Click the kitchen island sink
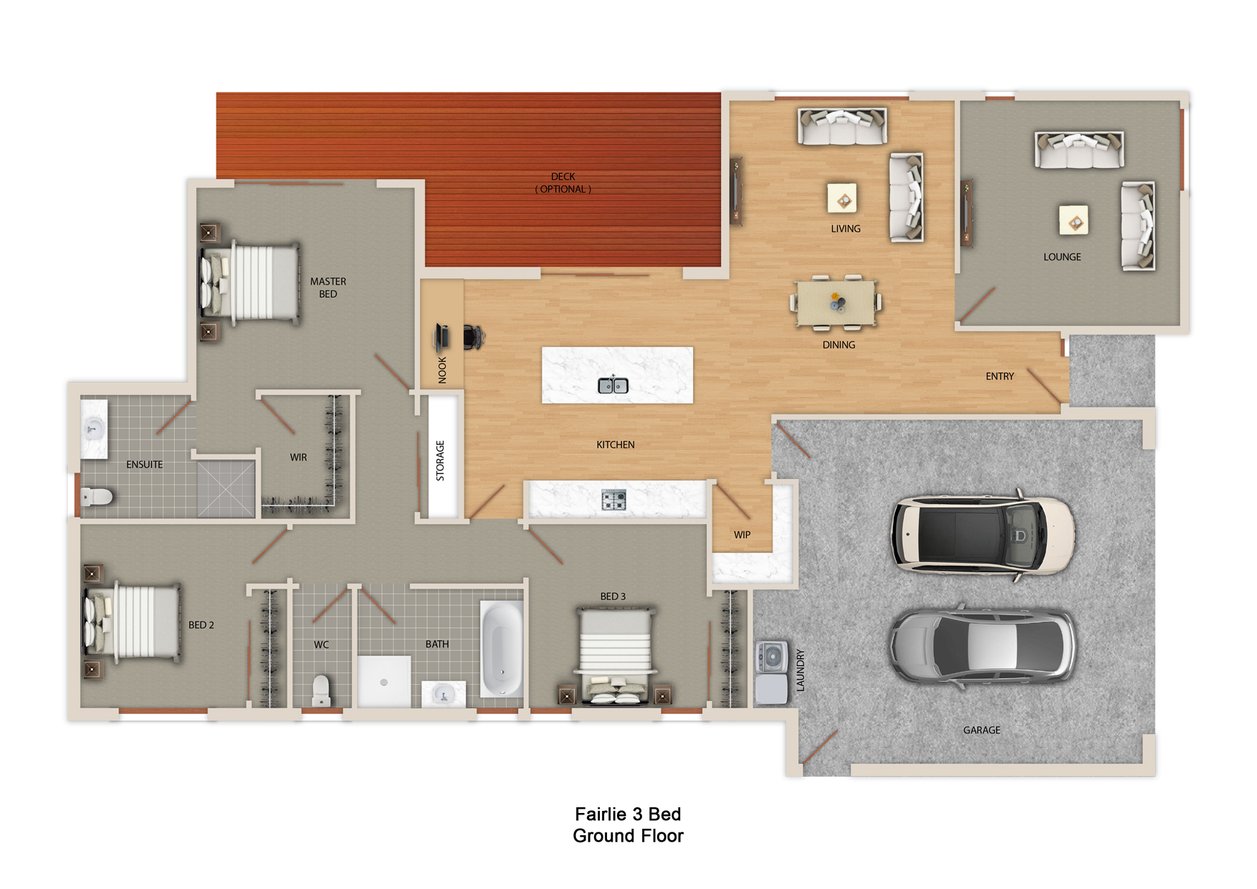(613, 386)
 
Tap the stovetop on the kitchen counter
(614, 500)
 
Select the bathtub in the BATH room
(502, 649)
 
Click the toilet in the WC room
(321, 690)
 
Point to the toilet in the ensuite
(97, 496)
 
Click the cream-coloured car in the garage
(983, 536)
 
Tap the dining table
(836, 303)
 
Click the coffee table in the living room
(842, 199)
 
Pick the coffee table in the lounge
(1074, 220)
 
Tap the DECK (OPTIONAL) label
(563, 183)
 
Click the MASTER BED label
(328, 287)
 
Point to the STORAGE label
(440, 460)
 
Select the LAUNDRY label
(800, 670)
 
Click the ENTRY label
(1000, 376)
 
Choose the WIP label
(742, 535)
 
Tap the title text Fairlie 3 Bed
(628, 814)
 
